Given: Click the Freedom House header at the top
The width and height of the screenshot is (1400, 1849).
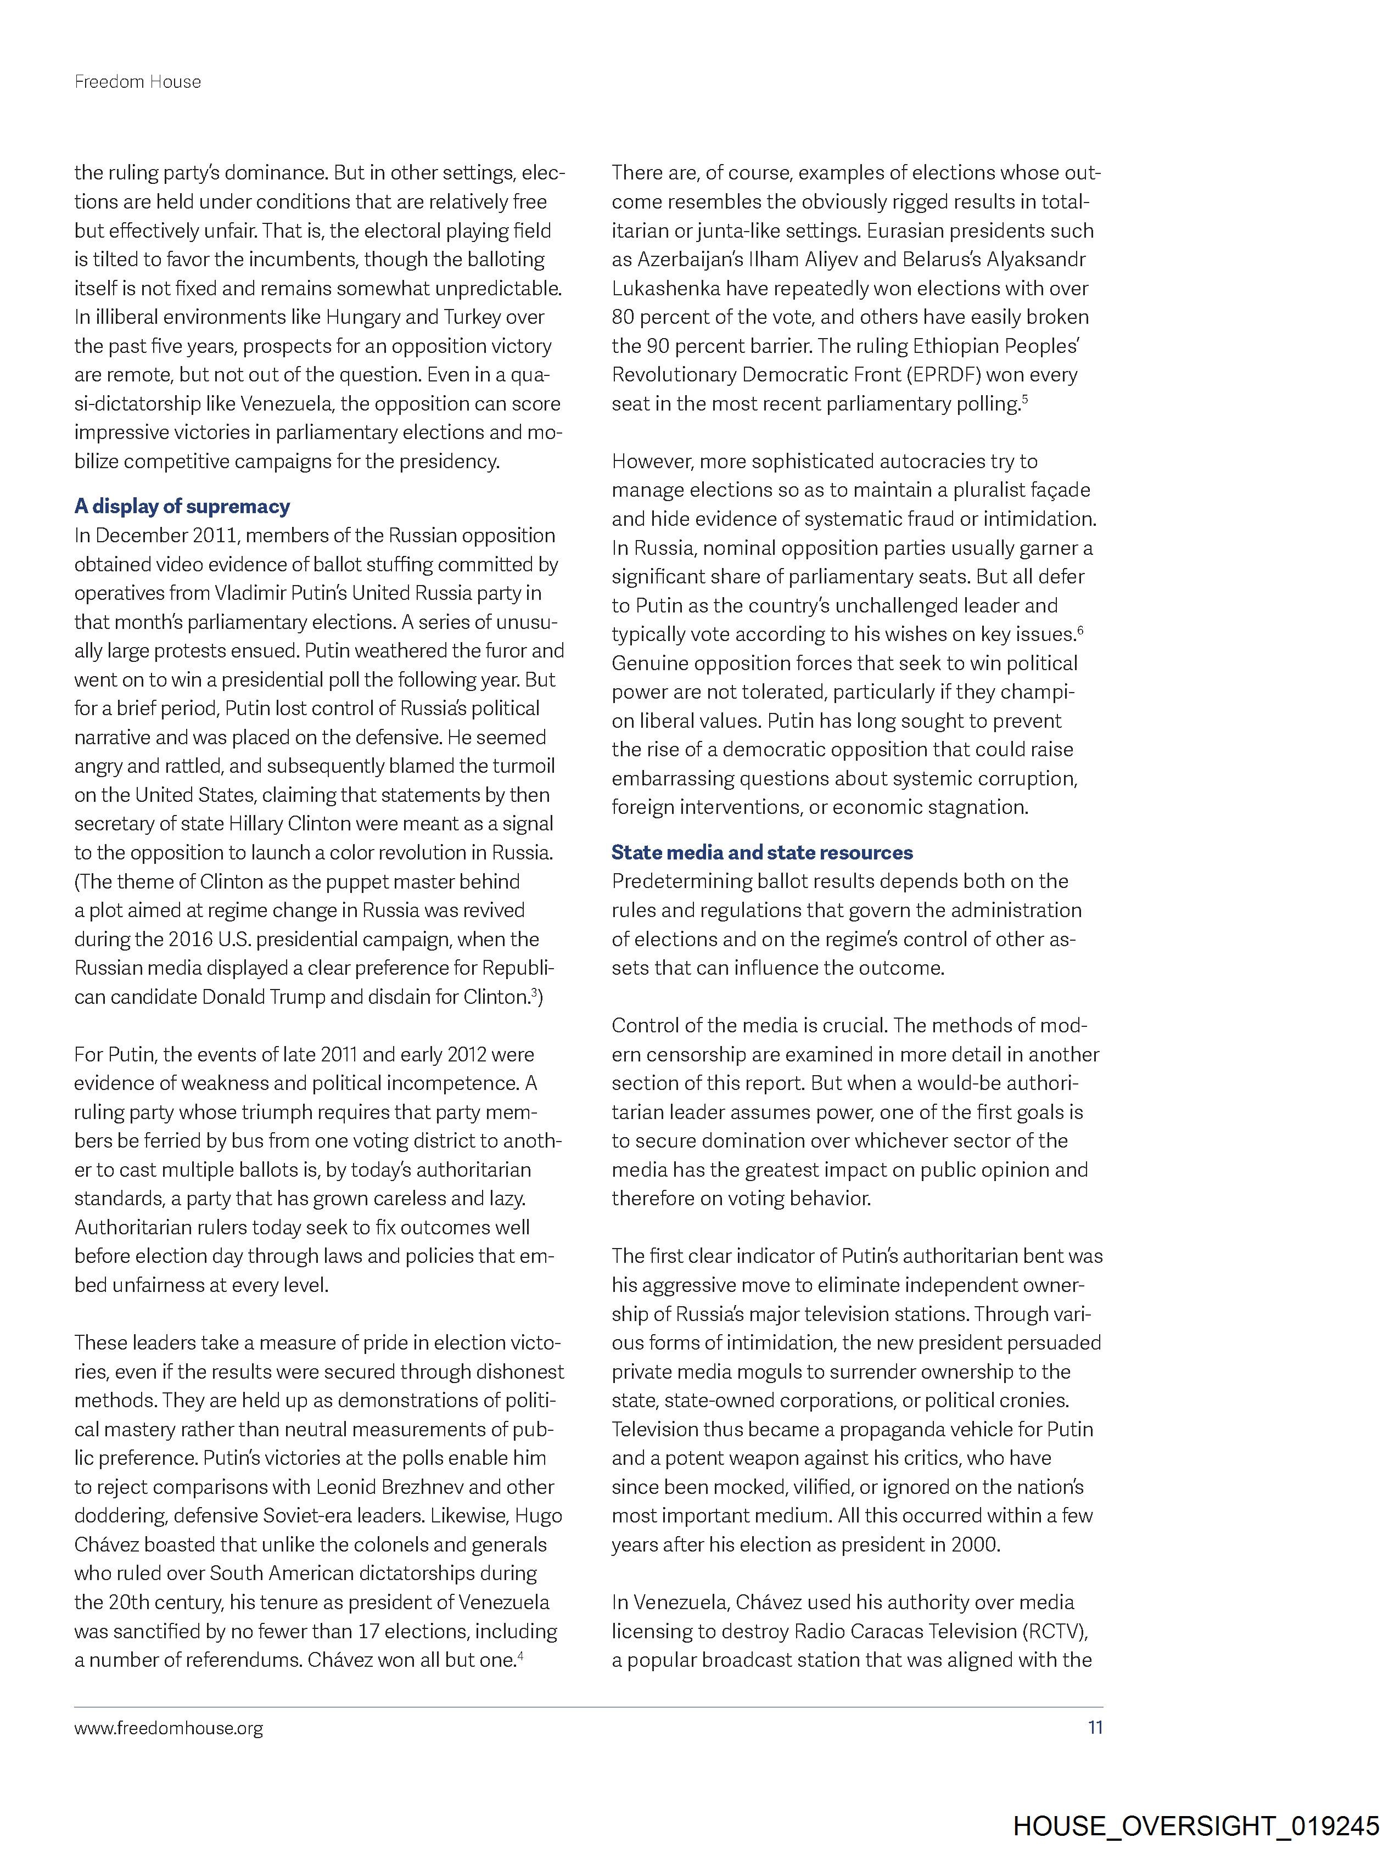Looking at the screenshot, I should point(137,82).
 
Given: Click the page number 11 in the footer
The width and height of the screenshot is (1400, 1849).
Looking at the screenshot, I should point(1095,1727).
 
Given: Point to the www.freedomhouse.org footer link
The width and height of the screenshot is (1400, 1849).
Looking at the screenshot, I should point(168,1727).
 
